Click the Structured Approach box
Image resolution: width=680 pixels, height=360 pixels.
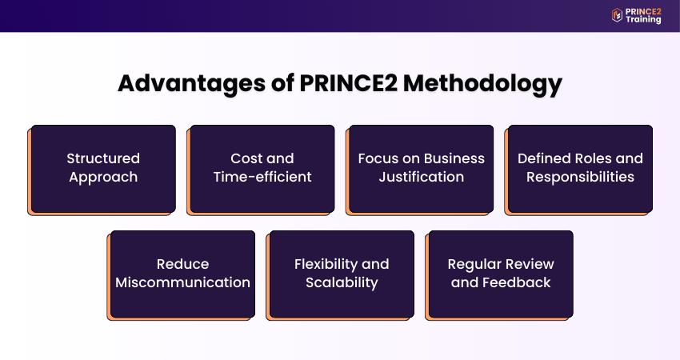click(x=103, y=168)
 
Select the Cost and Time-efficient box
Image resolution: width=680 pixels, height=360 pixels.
click(x=262, y=168)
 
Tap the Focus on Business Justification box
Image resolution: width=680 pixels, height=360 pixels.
click(x=422, y=168)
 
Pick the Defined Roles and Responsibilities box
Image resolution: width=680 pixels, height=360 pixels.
click(x=580, y=168)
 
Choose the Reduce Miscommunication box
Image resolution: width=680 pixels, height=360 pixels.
click(x=182, y=274)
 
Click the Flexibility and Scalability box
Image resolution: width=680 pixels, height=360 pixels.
click(x=342, y=274)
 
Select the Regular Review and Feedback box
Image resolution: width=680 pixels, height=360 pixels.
click(x=501, y=274)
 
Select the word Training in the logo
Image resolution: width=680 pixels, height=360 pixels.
click(x=645, y=20)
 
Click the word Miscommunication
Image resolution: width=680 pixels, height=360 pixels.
click(x=182, y=282)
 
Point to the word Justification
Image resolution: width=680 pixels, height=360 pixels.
click(x=422, y=177)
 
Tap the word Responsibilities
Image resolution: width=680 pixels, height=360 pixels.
click(x=580, y=177)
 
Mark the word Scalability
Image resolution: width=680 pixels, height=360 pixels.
click(x=342, y=282)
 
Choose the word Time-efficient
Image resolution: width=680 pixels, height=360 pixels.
click(x=262, y=177)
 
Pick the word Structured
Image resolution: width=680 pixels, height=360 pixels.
click(x=103, y=158)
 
